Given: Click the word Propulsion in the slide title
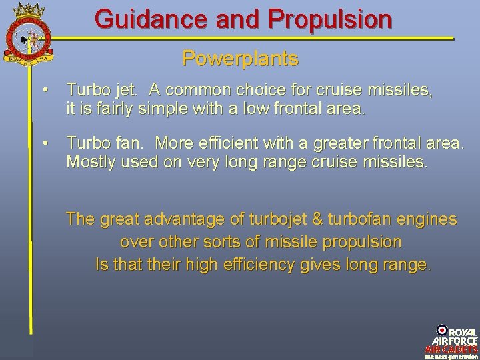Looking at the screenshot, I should (x=330, y=19).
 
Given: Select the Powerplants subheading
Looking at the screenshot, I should (x=240, y=59).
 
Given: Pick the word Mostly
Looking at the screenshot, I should (x=89, y=163).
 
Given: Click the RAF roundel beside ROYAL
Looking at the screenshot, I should (x=441, y=329).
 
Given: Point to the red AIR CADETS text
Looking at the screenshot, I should (x=451, y=349).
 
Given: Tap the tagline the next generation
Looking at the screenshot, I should (x=451, y=356).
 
